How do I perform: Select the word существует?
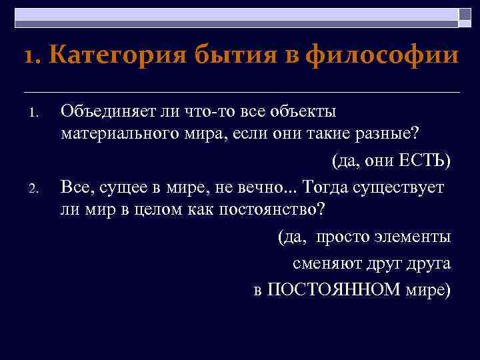(399, 188)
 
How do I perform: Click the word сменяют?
(321, 263)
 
